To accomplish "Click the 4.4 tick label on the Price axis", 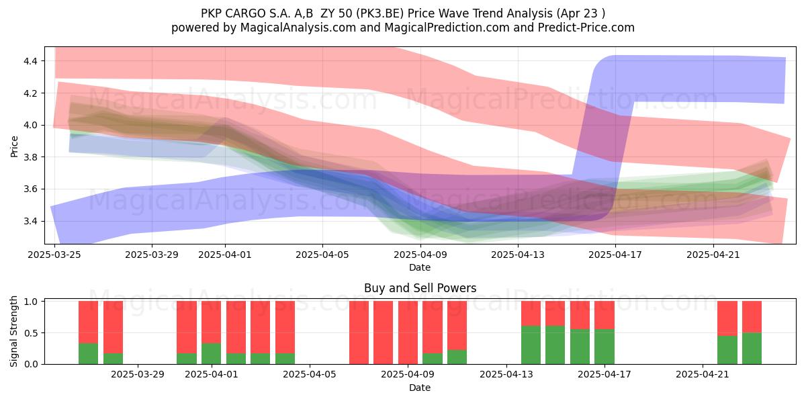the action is tap(30, 61).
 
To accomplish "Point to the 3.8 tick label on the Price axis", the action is tap(30, 157).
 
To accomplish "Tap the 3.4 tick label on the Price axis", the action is tap(30, 221).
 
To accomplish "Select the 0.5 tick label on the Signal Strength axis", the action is tap(30, 333).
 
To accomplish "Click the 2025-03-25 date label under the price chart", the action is tap(54, 255).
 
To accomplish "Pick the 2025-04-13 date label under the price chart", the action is tap(518, 255).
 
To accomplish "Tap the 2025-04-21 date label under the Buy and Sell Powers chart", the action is tap(703, 375).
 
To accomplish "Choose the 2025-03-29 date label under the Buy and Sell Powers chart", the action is tap(138, 375).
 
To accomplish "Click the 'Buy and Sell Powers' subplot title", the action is tap(420, 288).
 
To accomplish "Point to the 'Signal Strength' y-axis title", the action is tap(13, 331).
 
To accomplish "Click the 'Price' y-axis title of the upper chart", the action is tap(14, 146).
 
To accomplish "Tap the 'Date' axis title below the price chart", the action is tap(420, 267).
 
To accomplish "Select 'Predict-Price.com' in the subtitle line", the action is tap(586, 28).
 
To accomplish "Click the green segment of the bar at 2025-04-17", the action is tap(604, 347).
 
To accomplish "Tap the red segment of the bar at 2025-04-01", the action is tap(211, 322).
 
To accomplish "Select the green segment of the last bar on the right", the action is tap(752, 349).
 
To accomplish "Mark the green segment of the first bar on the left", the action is tap(88, 354).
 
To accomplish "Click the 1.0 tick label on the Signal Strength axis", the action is tap(30, 302).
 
